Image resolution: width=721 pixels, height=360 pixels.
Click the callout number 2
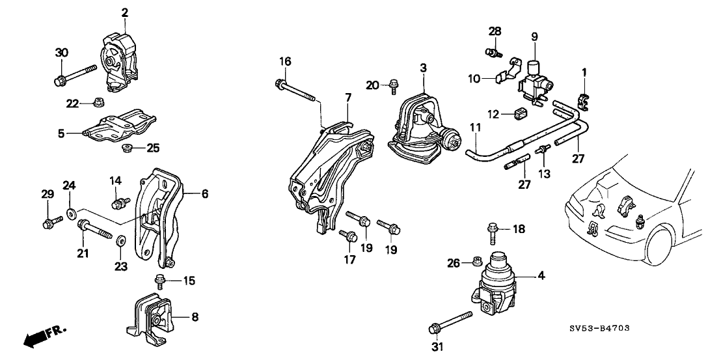(x=125, y=12)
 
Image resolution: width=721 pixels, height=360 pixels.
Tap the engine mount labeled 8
(x=154, y=319)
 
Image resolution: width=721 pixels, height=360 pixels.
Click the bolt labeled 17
(x=349, y=237)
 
